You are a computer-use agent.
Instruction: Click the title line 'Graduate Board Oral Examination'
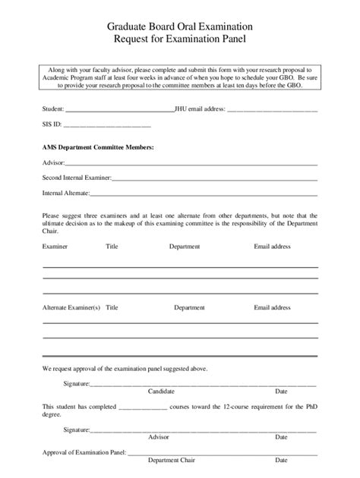tap(180, 24)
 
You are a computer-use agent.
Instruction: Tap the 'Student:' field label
tap(53, 108)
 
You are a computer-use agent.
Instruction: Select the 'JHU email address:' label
tap(200, 108)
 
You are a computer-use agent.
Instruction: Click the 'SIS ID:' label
tap(52, 124)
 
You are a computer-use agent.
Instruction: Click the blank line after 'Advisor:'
tap(190, 163)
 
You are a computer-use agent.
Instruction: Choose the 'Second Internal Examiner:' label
tap(77, 178)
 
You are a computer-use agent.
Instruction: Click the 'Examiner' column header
tap(55, 247)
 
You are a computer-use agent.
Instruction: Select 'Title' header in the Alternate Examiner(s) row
tap(112, 308)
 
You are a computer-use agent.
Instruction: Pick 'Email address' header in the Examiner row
tap(272, 247)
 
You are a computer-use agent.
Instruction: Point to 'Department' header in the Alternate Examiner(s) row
tap(189, 308)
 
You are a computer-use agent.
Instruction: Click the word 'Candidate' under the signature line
tap(161, 392)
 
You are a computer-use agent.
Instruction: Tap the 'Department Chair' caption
tap(169, 460)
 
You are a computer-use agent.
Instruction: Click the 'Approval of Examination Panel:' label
tap(84, 452)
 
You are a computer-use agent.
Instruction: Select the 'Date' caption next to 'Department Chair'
tap(281, 460)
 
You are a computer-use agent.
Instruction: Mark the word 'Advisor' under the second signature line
tap(159, 437)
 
